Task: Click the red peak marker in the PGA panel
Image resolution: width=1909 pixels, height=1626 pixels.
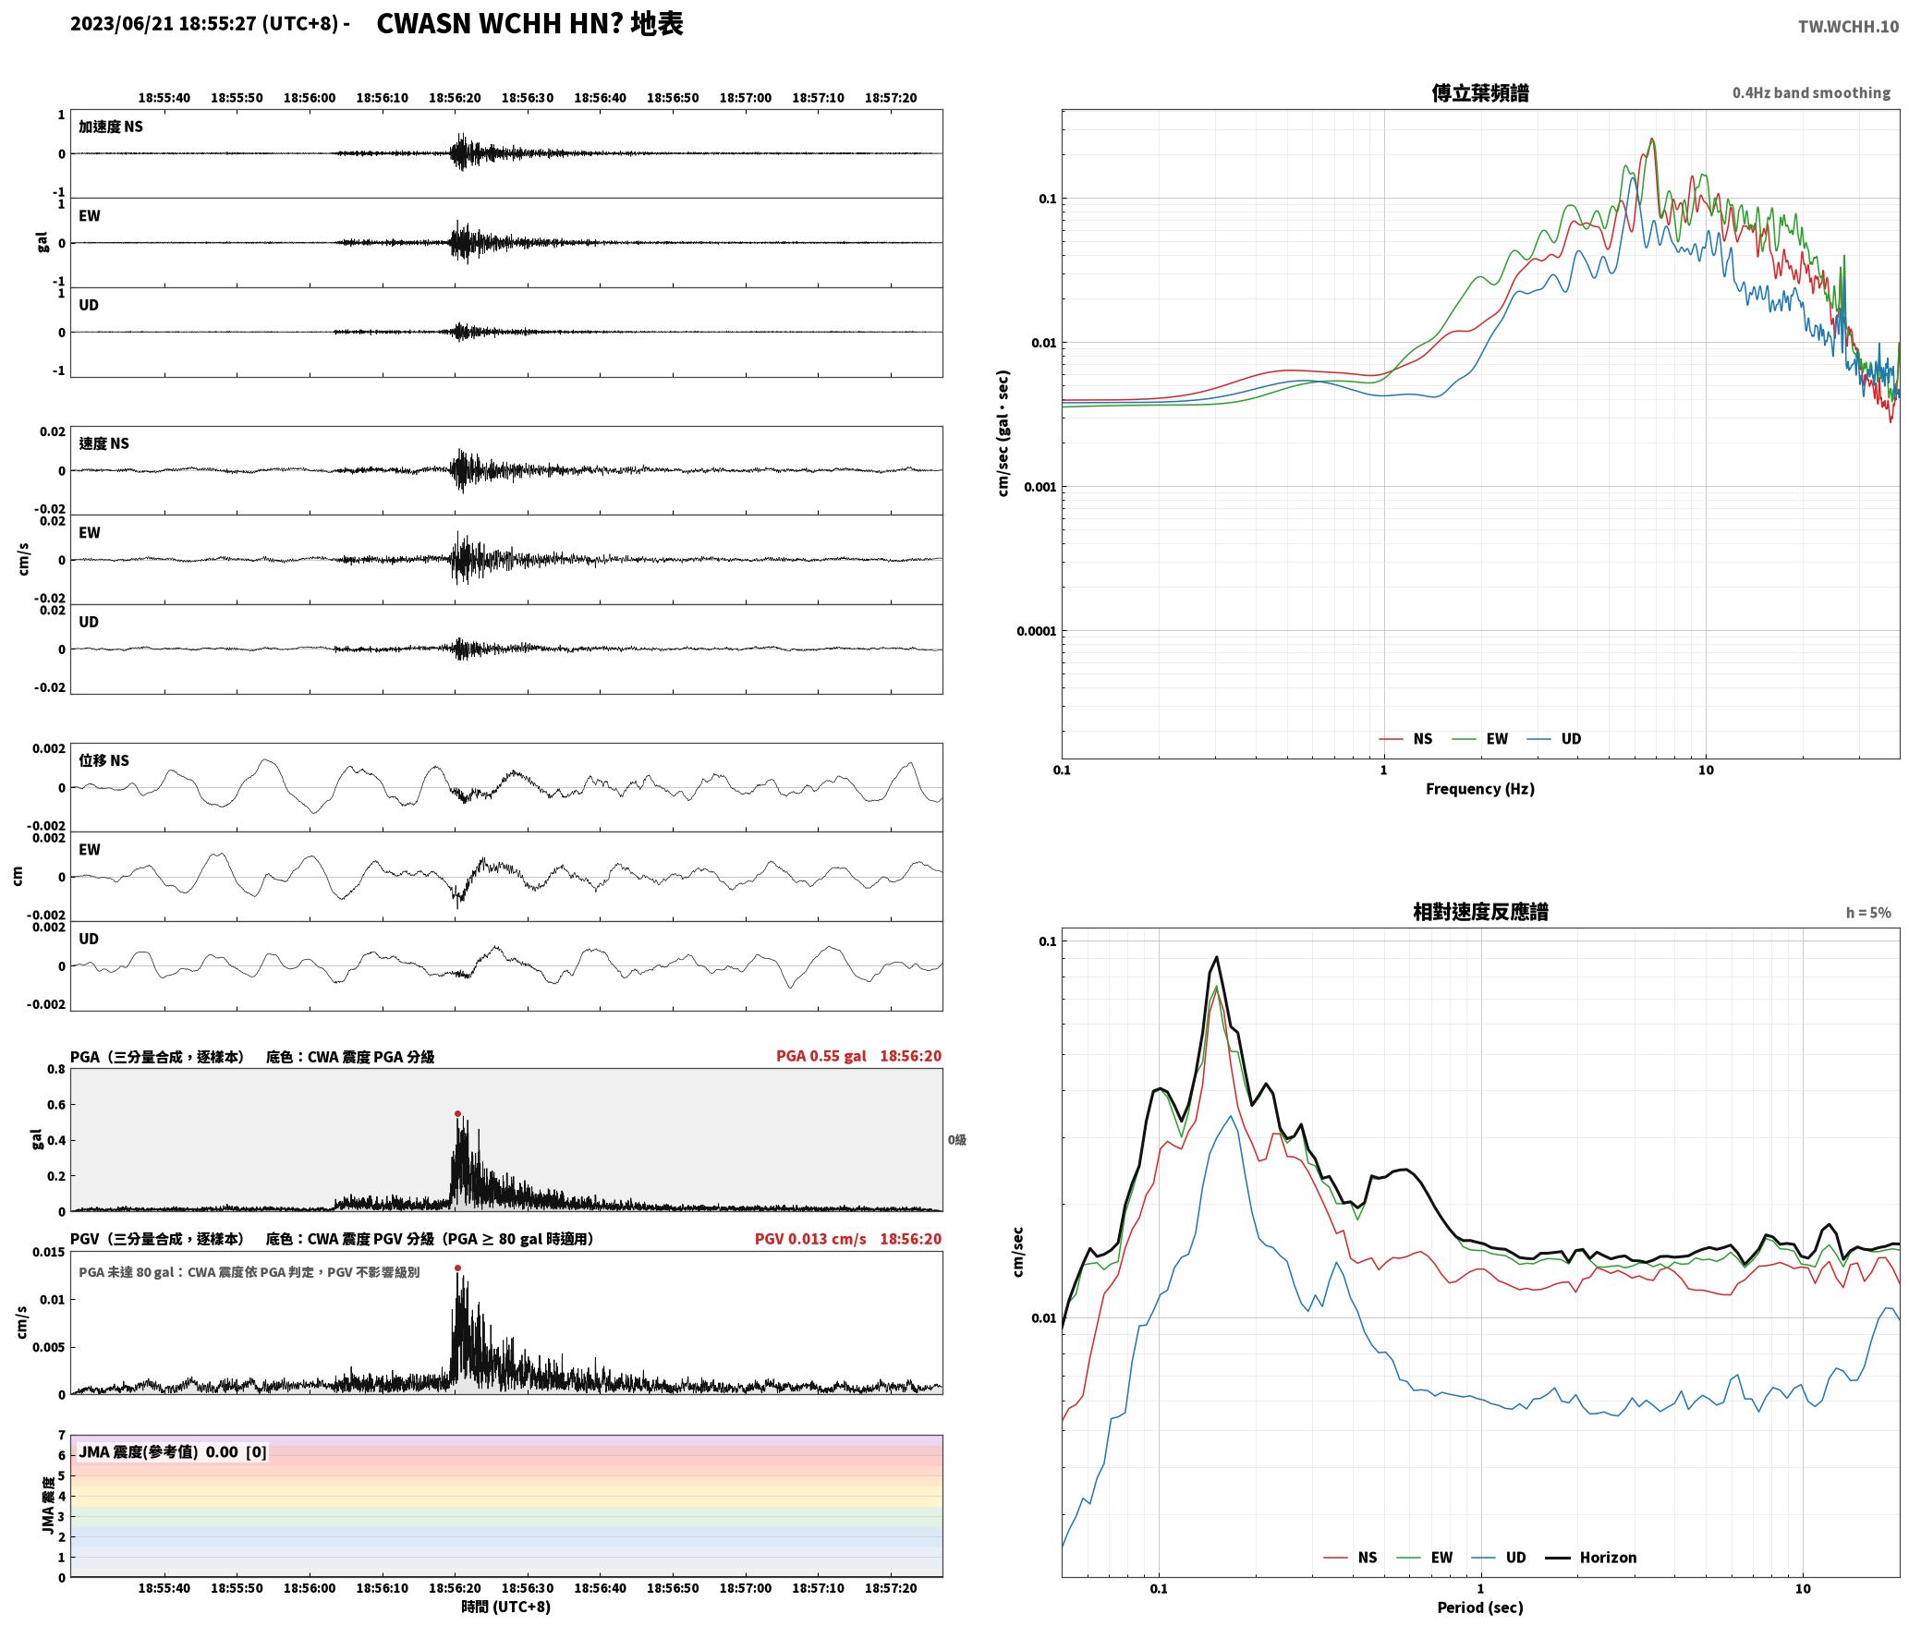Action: pyautogui.click(x=457, y=1114)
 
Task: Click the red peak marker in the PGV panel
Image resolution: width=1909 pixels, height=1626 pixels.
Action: pyautogui.click(x=457, y=1268)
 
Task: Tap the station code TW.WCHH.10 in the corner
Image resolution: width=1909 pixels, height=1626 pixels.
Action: pyautogui.click(x=1848, y=26)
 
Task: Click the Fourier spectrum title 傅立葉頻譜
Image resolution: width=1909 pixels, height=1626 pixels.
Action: pyautogui.click(x=1480, y=93)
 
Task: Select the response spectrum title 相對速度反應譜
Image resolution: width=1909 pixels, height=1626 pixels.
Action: pyautogui.click(x=1480, y=912)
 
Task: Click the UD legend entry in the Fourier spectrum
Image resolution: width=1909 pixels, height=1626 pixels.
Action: pyautogui.click(x=1554, y=739)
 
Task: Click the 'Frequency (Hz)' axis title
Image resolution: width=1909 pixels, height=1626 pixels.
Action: pyautogui.click(x=1480, y=789)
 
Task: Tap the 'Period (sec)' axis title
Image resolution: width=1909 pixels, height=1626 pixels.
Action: pyautogui.click(x=1480, y=1608)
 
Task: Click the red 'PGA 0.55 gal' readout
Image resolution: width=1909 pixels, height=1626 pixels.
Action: pyautogui.click(x=821, y=1056)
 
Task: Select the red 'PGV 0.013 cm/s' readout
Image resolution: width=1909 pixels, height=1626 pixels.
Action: pyautogui.click(x=810, y=1239)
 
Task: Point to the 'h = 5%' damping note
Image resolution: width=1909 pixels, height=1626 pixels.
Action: pyautogui.click(x=1868, y=913)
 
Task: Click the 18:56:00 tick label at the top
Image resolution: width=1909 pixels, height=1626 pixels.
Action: pyautogui.click(x=310, y=98)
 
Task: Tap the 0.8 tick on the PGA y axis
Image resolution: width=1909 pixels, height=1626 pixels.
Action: pyautogui.click(x=56, y=1070)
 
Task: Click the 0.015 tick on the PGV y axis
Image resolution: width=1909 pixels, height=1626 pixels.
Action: pyautogui.click(x=50, y=1253)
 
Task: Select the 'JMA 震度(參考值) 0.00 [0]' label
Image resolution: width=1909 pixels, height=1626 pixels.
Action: pyautogui.click(x=173, y=1452)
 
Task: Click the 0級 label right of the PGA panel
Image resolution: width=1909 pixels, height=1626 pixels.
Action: pyautogui.click(x=957, y=1140)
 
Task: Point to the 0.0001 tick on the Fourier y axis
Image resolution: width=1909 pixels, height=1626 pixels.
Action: pyautogui.click(x=1036, y=632)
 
